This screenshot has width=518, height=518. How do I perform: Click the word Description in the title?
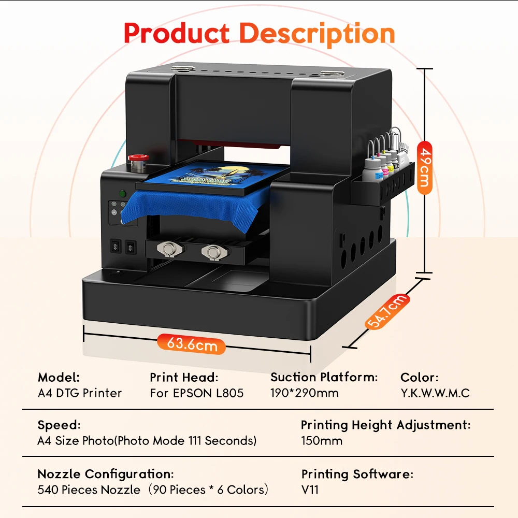317,34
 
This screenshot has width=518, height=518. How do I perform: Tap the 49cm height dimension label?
425,168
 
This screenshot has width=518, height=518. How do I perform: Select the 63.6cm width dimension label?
192,344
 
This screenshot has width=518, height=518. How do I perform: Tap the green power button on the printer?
123,194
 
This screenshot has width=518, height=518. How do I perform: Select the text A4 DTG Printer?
80,393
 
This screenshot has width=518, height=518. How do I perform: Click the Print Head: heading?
184,377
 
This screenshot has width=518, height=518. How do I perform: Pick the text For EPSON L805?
196,393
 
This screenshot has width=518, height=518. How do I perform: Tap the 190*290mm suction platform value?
305,393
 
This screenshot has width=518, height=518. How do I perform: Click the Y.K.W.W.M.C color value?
435,393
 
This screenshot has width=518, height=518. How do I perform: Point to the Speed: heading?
59,425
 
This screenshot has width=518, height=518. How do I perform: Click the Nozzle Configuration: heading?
105,473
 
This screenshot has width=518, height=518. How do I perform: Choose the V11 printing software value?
310,489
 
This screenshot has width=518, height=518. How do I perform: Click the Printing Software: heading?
357,473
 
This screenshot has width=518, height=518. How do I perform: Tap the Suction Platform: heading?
324,377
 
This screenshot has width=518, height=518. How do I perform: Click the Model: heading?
59,377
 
